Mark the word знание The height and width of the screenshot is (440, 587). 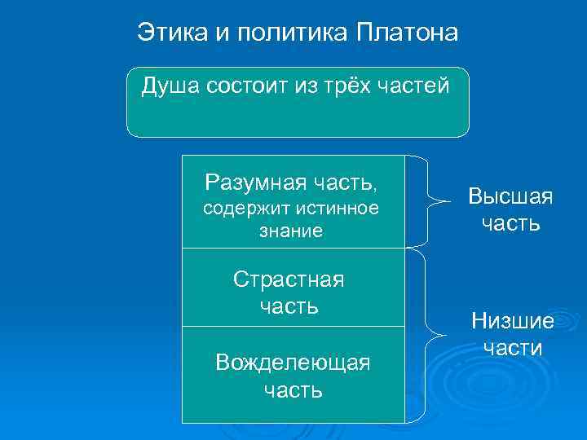[x=291, y=231]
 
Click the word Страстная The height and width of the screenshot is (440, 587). [x=289, y=279]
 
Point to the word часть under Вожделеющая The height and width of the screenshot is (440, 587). [x=293, y=389]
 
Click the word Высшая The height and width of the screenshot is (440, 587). [x=510, y=196]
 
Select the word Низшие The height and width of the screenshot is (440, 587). [x=512, y=321]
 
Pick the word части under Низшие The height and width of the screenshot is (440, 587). [x=512, y=348]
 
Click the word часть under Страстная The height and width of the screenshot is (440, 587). [x=289, y=306]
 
